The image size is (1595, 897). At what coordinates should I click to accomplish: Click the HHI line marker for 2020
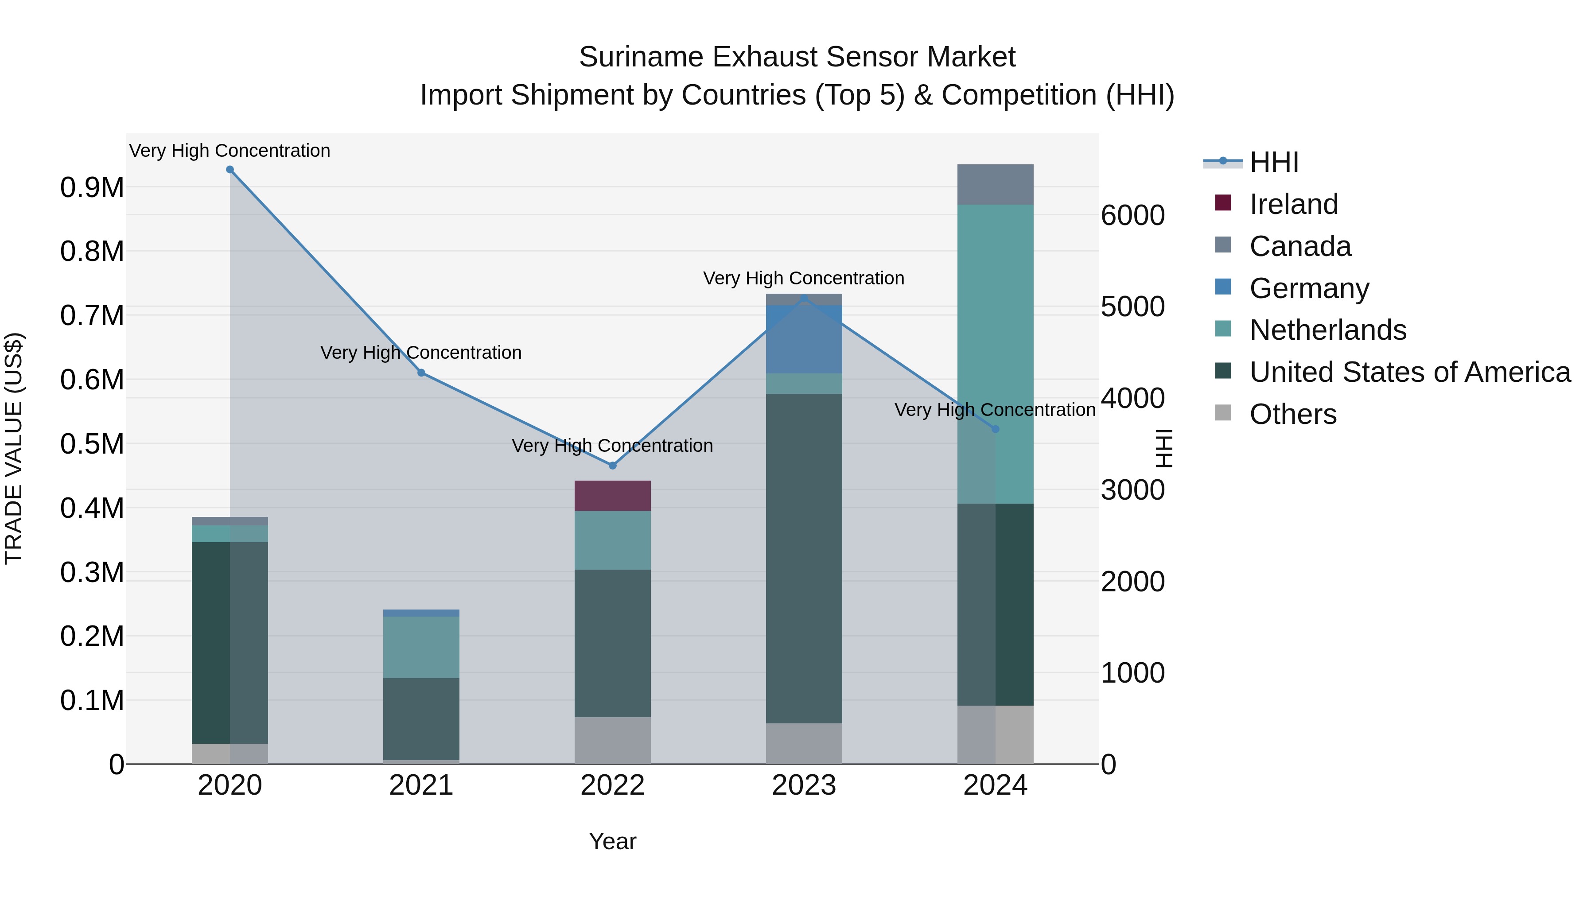[230, 170]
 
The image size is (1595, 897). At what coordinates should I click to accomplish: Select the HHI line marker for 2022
[612, 466]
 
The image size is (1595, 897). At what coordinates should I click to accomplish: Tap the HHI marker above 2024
[995, 429]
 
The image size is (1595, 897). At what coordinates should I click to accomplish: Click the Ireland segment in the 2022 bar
[612, 495]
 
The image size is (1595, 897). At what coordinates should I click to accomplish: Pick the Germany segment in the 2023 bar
[804, 339]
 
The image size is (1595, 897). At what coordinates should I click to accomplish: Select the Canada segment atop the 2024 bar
[995, 184]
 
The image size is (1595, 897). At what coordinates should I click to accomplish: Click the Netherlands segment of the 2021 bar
[421, 647]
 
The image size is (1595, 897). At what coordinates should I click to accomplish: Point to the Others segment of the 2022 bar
[612, 740]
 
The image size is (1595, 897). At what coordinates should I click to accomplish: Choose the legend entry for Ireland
[1293, 204]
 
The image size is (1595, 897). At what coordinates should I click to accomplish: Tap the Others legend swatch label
[1293, 414]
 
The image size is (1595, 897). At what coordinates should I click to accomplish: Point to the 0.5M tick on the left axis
[92, 444]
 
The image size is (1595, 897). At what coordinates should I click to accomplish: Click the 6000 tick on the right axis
[1132, 215]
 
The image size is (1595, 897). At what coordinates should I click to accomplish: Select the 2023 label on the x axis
[804, 785]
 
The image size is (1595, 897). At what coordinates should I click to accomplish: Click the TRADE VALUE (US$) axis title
[14, 448]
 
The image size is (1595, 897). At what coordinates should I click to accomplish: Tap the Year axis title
[612, 841]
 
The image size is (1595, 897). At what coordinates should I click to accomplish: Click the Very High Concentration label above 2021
[421, 353]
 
